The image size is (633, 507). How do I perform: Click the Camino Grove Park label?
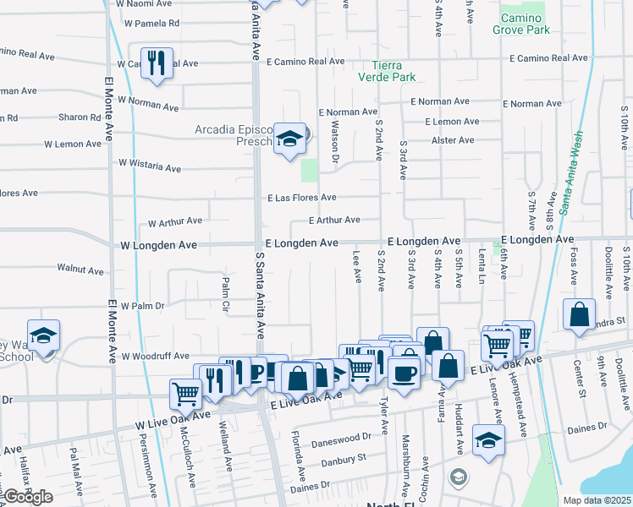pyautogui.click(x=524, y=24)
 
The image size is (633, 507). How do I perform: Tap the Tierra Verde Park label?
pyautogui.click(x=397, y=71)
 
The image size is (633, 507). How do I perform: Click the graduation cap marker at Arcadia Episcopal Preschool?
pyautogui.click(x=289, y=138)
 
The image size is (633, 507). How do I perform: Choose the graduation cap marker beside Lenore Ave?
pyautogui.click(x=488, y=440)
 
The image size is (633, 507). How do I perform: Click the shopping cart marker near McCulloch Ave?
pyautogui.click(x=185, y=393)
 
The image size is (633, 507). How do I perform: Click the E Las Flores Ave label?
pyautogui.click(x=301, y=198)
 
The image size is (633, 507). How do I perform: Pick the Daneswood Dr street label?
pyautogui.click(x=342, y=439)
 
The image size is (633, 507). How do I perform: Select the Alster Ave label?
pyautogui.click(x=453, y=140)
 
